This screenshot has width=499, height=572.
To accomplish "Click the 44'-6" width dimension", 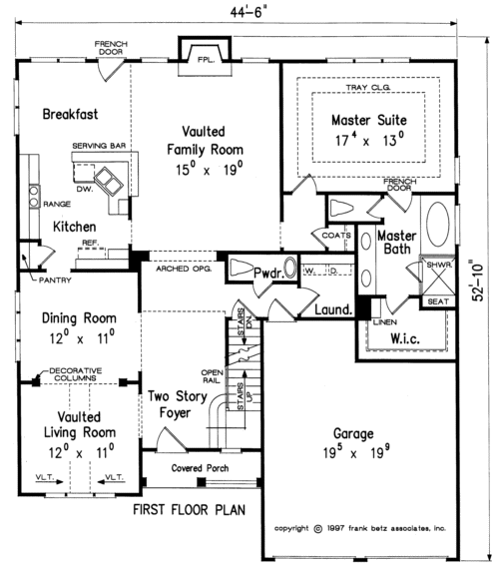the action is click(x=246, y=12).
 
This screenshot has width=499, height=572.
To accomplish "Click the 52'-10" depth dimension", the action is click(x=478, y=280).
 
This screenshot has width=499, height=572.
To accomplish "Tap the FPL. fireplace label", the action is click(x=206, y=60).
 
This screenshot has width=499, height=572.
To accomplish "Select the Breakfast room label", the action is click(x=71, y=114).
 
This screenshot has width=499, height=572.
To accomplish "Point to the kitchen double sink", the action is click(x=109, y=182).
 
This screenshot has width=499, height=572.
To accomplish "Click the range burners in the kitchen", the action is click(x=34, y=197).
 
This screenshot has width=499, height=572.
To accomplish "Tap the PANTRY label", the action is click(x=55, y=281).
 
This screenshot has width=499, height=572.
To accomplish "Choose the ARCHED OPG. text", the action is click(x=184, y=269).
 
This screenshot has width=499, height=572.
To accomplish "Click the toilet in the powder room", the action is click(x=241, y=269).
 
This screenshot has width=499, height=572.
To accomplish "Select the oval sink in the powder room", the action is click(x=290, y=269).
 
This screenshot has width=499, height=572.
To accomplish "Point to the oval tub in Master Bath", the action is click(x=438, y=224).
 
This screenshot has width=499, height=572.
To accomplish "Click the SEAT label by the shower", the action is click(x=438, y=301).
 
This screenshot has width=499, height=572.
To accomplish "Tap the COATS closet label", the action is click(x=336, y=236).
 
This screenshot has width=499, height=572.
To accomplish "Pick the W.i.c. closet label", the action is click(x=405, y=338).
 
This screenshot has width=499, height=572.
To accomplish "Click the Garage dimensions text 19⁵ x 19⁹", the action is click(x=356, y=453).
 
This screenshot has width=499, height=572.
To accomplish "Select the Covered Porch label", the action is click(x=200, y=468).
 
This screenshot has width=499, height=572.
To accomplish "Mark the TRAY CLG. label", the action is click(x=368, y=88).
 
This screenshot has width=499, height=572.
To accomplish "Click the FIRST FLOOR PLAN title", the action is click(x=189, y=510).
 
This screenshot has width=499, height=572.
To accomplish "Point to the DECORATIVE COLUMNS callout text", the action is click(x=76, y=374).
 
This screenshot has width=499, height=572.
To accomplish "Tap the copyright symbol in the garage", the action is click(x=318, y=529).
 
